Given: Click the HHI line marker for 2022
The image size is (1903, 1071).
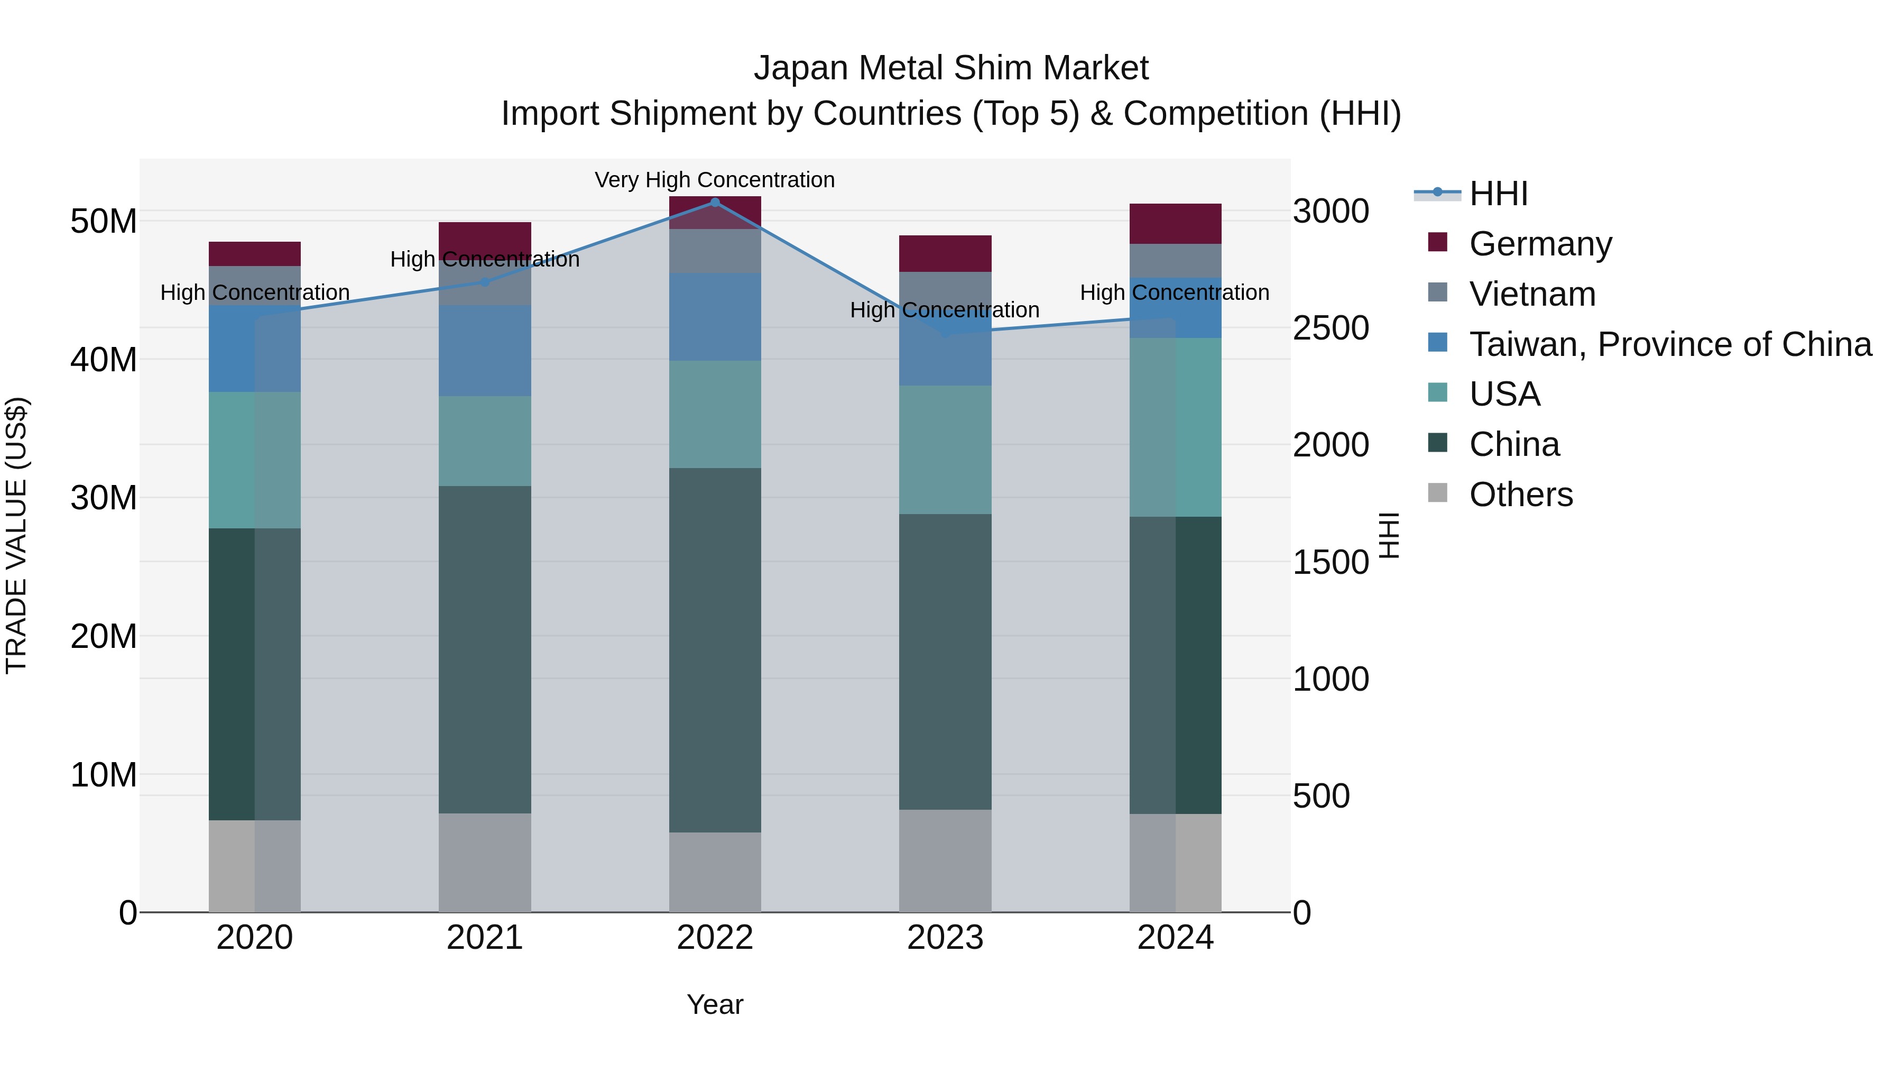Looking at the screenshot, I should [x=714, y=202].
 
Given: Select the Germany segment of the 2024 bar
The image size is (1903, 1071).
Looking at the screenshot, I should [x=1175, y=223].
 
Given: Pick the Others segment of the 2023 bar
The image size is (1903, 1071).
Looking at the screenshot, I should [x=945, y=861].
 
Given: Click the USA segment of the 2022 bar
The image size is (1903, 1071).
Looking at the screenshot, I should [x=714, y=414].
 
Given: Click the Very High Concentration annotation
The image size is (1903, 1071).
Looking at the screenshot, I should [x=714, y=180].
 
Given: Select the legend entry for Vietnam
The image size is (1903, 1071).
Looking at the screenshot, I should [x=1531, y=294].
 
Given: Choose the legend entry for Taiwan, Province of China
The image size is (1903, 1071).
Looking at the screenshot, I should [x=1669, y=344].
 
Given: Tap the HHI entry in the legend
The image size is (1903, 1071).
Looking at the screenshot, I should [x=1498, y=194].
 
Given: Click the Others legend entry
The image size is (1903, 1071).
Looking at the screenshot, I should [x=1520, y=494].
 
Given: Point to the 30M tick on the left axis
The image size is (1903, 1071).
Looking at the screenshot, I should [x=104, y=498].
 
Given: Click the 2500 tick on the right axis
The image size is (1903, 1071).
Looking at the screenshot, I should [x=1331, y=328].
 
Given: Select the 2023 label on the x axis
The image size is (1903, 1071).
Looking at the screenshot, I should [x=945, y=938].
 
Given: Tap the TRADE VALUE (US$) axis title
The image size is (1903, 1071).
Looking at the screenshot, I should [x=17, y=535].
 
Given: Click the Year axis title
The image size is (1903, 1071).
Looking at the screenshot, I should [x=714, y=1004].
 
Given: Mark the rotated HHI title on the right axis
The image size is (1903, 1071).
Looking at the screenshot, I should [x=1389, y=535].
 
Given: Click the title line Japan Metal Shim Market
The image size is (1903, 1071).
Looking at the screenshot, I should [x=951, y=68].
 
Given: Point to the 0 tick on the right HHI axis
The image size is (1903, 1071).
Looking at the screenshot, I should [x=1302, y=913].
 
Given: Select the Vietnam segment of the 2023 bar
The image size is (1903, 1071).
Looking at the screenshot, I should [x=945, y=288].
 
